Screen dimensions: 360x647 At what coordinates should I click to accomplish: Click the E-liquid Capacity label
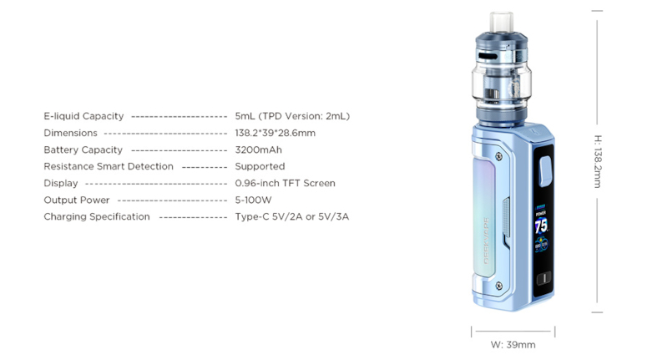coord(83,116)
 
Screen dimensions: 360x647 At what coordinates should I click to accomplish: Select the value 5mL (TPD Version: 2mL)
coord(292,116)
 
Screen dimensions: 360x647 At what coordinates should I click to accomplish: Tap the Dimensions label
coord(70,133)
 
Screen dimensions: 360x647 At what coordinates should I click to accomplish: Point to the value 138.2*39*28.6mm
coord(275,133)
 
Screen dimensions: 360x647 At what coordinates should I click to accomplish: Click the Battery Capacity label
coord(83,150)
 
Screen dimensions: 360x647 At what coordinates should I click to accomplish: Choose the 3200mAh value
coord(258,150)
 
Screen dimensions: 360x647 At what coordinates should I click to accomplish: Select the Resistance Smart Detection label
coord(109,166)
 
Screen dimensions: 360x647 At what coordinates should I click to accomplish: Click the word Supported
coord(260,166)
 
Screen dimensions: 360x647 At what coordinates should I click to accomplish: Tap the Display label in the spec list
coord(61,183)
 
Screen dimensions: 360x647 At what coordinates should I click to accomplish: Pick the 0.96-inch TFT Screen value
coord(285,183)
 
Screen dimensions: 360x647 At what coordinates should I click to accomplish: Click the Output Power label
coord(77,200)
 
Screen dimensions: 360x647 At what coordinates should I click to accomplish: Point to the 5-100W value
coord(253,200)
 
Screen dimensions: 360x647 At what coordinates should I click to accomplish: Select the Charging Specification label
coord(97,216)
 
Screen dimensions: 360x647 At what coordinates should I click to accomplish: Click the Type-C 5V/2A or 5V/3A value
coord(291,216)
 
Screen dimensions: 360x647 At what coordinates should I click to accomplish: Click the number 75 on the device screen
coord(541,226)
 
